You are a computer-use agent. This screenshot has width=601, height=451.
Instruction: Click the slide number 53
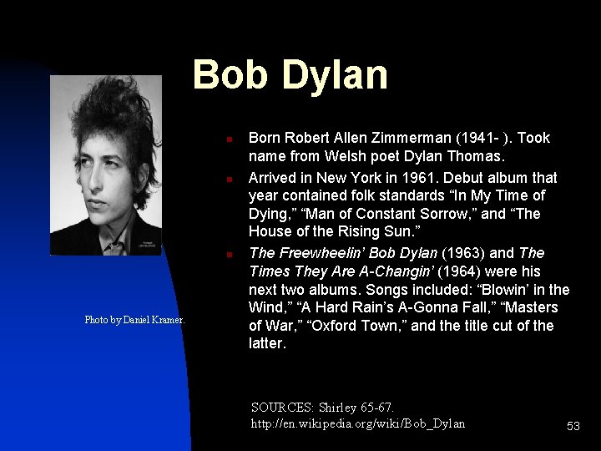pyautogui.click(x=573, y=426)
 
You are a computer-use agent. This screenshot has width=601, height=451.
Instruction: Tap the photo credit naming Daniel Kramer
pyautogui.click(x=134, y=320)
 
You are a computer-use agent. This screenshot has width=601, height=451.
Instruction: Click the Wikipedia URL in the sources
pyautogui.click(x=358, y=423)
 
